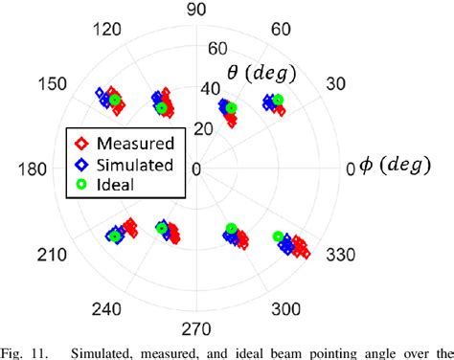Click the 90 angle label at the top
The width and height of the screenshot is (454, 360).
(x=196, y=10)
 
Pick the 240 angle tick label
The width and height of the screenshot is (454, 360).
(x=110, y=308)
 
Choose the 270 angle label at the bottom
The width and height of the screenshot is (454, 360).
(x=196, y=329)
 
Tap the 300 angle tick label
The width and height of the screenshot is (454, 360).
(x=284, y=308)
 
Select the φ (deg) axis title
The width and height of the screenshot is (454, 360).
(x=391, y=169)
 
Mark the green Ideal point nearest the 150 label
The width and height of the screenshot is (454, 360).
(x=115, y=100)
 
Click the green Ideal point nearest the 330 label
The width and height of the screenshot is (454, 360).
(x=279, y=236)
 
